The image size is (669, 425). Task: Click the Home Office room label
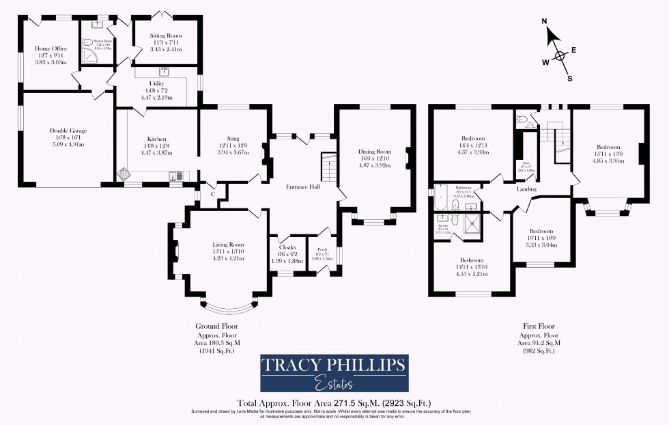point(51,49)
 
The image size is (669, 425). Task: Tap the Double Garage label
point(68,131)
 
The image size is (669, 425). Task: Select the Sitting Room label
point(165,35)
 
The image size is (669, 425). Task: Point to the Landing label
point(526,189)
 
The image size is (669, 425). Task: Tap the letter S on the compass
point(570,78)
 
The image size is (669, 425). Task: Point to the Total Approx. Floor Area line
point(334,402)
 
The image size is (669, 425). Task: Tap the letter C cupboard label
point(212,194)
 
